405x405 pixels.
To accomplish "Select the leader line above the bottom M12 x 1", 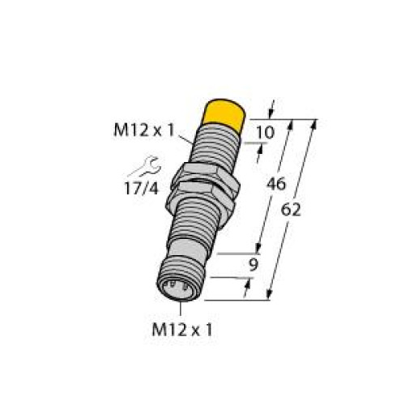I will tap(181, 308).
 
